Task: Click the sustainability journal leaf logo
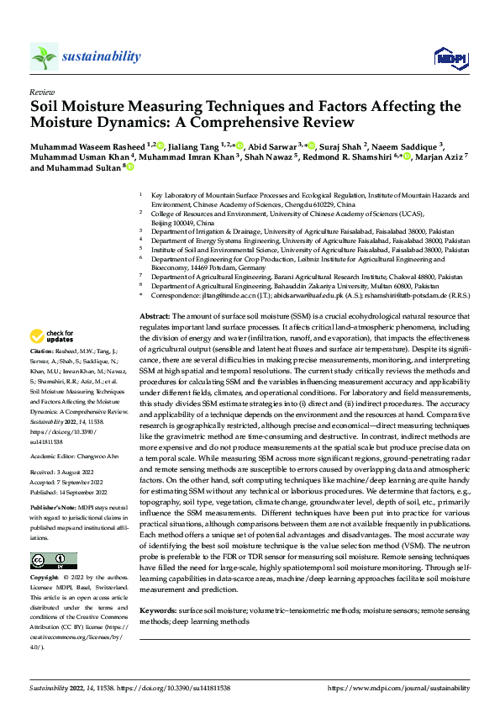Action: click(45, 56)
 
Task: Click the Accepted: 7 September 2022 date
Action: click(71, 483)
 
